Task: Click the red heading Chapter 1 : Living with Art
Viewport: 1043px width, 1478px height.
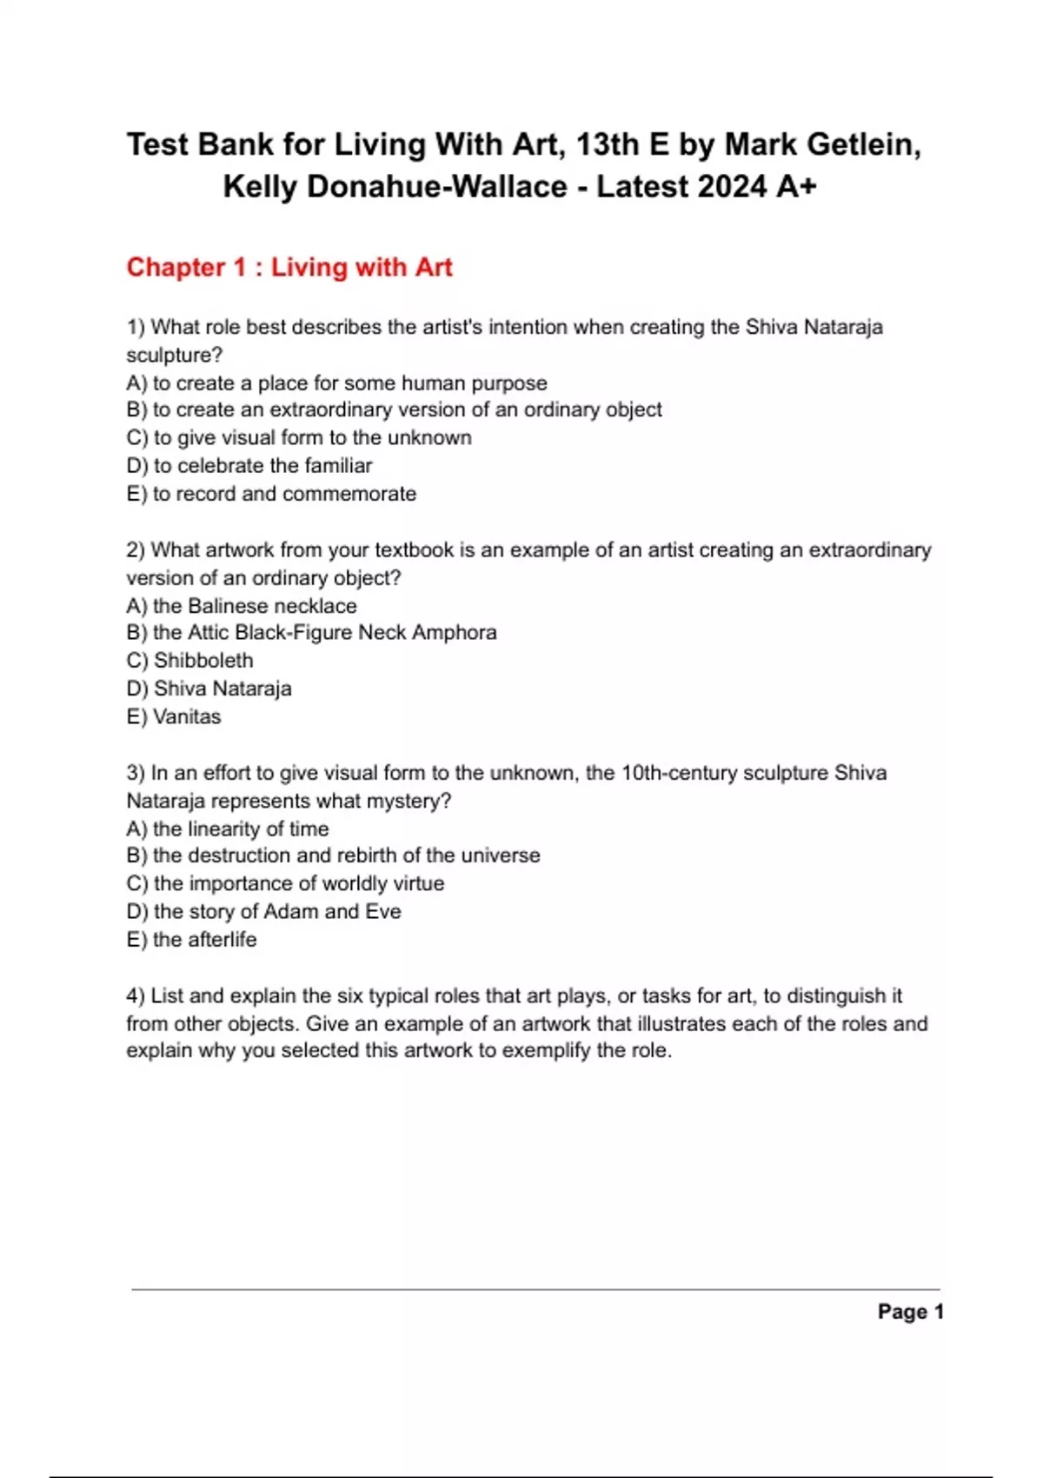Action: coord(289,267)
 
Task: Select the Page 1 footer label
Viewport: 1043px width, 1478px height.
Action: coord(910,1312)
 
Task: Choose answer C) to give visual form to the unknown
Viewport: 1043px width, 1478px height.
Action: coord(299,437)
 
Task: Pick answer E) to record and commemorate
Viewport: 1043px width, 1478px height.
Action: coord(271,494)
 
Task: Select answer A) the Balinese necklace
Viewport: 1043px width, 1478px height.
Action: coord(242,606)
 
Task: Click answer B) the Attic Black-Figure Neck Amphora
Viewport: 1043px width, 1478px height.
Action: coord(311,632)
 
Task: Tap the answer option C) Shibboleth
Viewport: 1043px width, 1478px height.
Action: coord(189,661)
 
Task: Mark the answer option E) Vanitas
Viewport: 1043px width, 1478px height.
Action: coord(174,716)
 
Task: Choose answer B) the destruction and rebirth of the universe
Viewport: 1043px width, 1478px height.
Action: coord(333,856)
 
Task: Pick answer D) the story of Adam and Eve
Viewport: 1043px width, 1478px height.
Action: coord(263,911)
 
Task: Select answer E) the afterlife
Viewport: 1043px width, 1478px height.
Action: coord(191,940)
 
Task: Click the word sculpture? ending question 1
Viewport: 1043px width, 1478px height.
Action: coord(174,355)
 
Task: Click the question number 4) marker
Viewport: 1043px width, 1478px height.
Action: coord(136,995)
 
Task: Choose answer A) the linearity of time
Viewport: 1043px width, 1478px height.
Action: coord(228,829)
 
